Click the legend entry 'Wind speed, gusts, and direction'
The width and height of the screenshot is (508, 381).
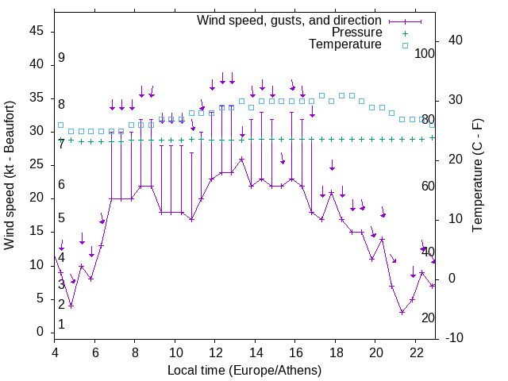(x=289, y=20)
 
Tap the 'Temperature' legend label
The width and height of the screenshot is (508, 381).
(x=345, y=44)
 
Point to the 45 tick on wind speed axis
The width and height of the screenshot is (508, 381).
(x=37, y=31)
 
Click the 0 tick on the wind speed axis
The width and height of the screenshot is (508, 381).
(x=40, y=333)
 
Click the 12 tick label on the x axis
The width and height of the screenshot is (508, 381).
(x=215, y=353)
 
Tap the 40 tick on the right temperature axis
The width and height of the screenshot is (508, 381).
(x=444, y=40)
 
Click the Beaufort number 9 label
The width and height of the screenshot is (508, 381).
(x=61, y=58)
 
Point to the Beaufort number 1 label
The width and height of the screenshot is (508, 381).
(x=61, y=325)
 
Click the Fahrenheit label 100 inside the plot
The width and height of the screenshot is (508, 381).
(x=425, y=53)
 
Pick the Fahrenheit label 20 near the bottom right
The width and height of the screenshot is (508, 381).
(x=428, y=318)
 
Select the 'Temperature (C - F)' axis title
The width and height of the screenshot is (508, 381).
(x=477, y=175)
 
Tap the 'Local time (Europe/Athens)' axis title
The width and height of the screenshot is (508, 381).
(x=244, y=371)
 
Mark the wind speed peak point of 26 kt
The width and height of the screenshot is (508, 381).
(x=241, y=159)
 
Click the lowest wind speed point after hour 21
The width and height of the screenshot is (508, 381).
(x=402, y=312)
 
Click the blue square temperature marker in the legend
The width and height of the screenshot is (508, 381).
(x=404, y=45)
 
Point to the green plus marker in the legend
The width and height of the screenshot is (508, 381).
(x=404, y=33)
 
